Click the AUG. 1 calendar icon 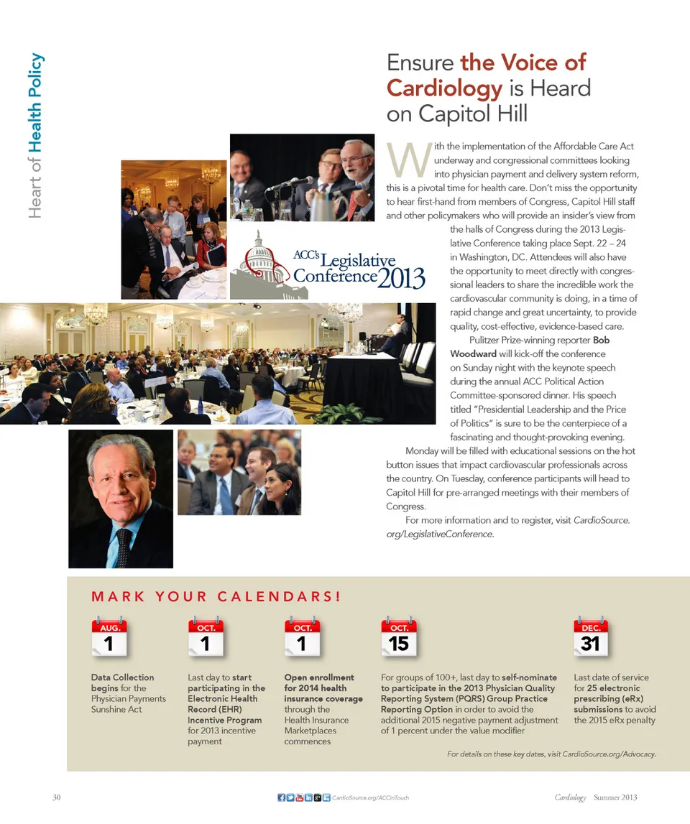[109, 637]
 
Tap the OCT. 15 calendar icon [398, 637]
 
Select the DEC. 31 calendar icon [590, 637]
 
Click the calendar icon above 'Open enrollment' [302, 637]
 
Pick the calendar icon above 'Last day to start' [206, 637]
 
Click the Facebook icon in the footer [281, 797]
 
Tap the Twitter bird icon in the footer [290, 797]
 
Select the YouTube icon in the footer [299, 797]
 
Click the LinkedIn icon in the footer [308, 797]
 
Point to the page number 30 [57, 797]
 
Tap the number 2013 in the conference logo [402, 278]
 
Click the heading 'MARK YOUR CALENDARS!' [215, 596]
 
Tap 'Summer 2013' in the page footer [615, 797]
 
